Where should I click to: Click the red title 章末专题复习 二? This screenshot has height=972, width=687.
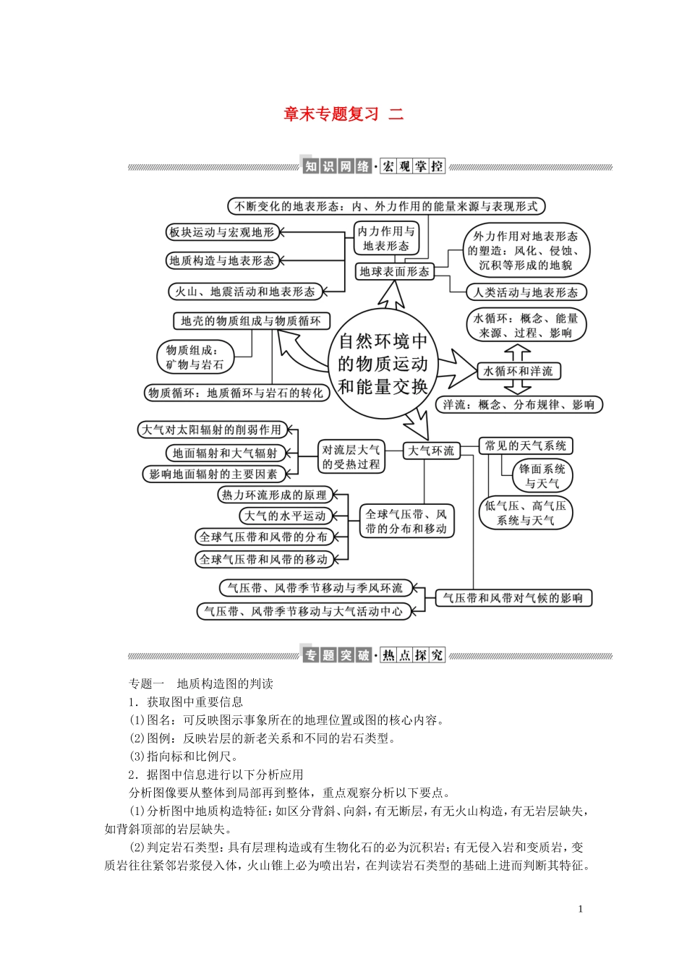pyautogui.click(x=343, y=114)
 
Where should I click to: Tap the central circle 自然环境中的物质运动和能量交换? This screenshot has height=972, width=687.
pyautogui.click(x=383, y=364)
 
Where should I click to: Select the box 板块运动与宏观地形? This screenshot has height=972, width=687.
pyautogui.click(x=221, y=232)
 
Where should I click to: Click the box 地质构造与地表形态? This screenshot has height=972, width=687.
pyautogui.click(x=221, y=261)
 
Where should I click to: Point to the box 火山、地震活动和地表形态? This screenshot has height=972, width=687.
pyautogui.click(x=244, y=291)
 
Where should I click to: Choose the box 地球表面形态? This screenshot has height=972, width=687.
pyautogui.click(x=394, y=271)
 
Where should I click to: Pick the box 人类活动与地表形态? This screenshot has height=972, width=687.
pyautogui.click(x=526, y=292)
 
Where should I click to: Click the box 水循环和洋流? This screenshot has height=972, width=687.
pyautogui.click(x=518, y=371)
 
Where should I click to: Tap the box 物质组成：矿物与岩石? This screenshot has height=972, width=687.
pyautogui.click(x=195, y=357)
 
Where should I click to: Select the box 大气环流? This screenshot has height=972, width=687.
pyautogui.click(x=431, y=451)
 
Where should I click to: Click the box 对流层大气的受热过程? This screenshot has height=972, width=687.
pyautogui.click(x=351, y=457)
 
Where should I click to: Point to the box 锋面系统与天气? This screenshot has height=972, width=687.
pyautogui.click(x=542, y=476)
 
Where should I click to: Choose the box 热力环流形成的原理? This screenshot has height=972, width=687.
pyautogui.click(x=274, y=495)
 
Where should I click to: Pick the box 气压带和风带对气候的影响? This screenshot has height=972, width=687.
pyautogui.click(x=513, y=598)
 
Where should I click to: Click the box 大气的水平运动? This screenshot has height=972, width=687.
pyautogui.click(x=285, y=516)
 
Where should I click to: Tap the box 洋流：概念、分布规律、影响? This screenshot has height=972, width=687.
pyautogui.click(x=519, y=405)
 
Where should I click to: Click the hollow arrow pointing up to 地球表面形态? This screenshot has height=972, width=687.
pyautogui.click(x=391, y=296)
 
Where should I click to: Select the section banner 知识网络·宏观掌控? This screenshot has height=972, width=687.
pyautogui.click(x=373, y=166)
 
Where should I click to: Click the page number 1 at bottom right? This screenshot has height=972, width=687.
pyautogui.click(x=580, y=909)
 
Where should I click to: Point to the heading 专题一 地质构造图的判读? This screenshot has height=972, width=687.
pyautogui.click(x=201, y=683)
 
